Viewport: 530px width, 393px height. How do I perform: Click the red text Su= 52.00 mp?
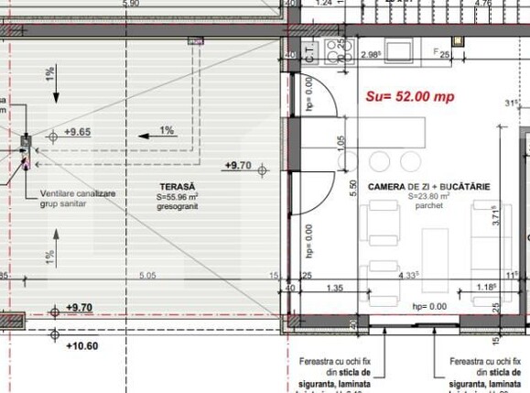pos(411,95)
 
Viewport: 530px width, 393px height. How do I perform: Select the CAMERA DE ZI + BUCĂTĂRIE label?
pos(428,186)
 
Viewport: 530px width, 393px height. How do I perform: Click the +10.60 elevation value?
pos(83,345)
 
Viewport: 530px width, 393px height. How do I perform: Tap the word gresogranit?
pos(174,206)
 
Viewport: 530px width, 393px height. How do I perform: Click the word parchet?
pos(428,207)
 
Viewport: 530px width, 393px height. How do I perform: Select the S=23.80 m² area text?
pos(428,196)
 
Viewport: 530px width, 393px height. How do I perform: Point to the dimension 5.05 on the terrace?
pos(146,274)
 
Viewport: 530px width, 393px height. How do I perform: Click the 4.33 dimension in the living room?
pos(408,274)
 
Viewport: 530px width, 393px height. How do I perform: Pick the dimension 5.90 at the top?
pos(130,4)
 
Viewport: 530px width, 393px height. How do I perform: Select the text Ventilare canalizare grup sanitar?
pos(76,200)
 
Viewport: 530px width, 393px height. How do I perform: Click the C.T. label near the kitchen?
pos(310,52)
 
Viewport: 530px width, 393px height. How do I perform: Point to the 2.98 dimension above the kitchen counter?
pos(371,55)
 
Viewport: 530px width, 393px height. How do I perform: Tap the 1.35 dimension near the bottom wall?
pos(334,288)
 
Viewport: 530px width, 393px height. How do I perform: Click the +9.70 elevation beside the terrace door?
pos(238,165)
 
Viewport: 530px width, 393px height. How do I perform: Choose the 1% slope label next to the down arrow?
pos(49,71)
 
